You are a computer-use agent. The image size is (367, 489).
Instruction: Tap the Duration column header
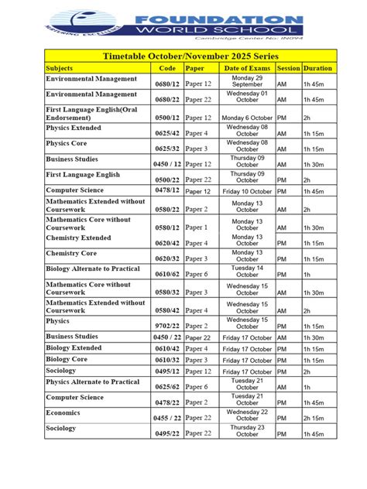317,68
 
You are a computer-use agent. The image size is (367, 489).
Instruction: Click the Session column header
288,68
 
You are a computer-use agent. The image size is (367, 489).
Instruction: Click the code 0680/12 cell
167,83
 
